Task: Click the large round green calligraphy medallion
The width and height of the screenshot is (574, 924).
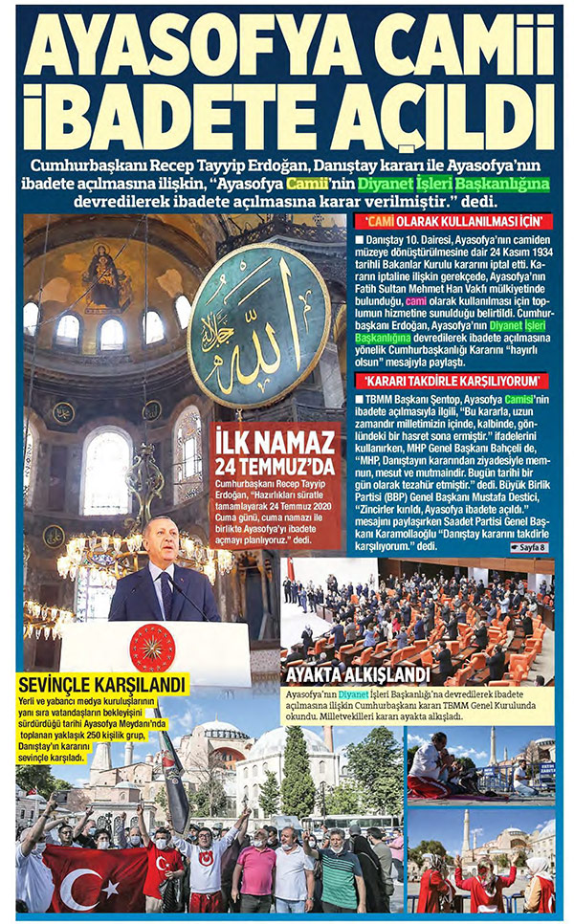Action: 259,326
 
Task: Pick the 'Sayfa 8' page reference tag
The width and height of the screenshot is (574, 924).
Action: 528,548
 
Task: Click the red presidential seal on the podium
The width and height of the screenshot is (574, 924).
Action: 152,648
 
